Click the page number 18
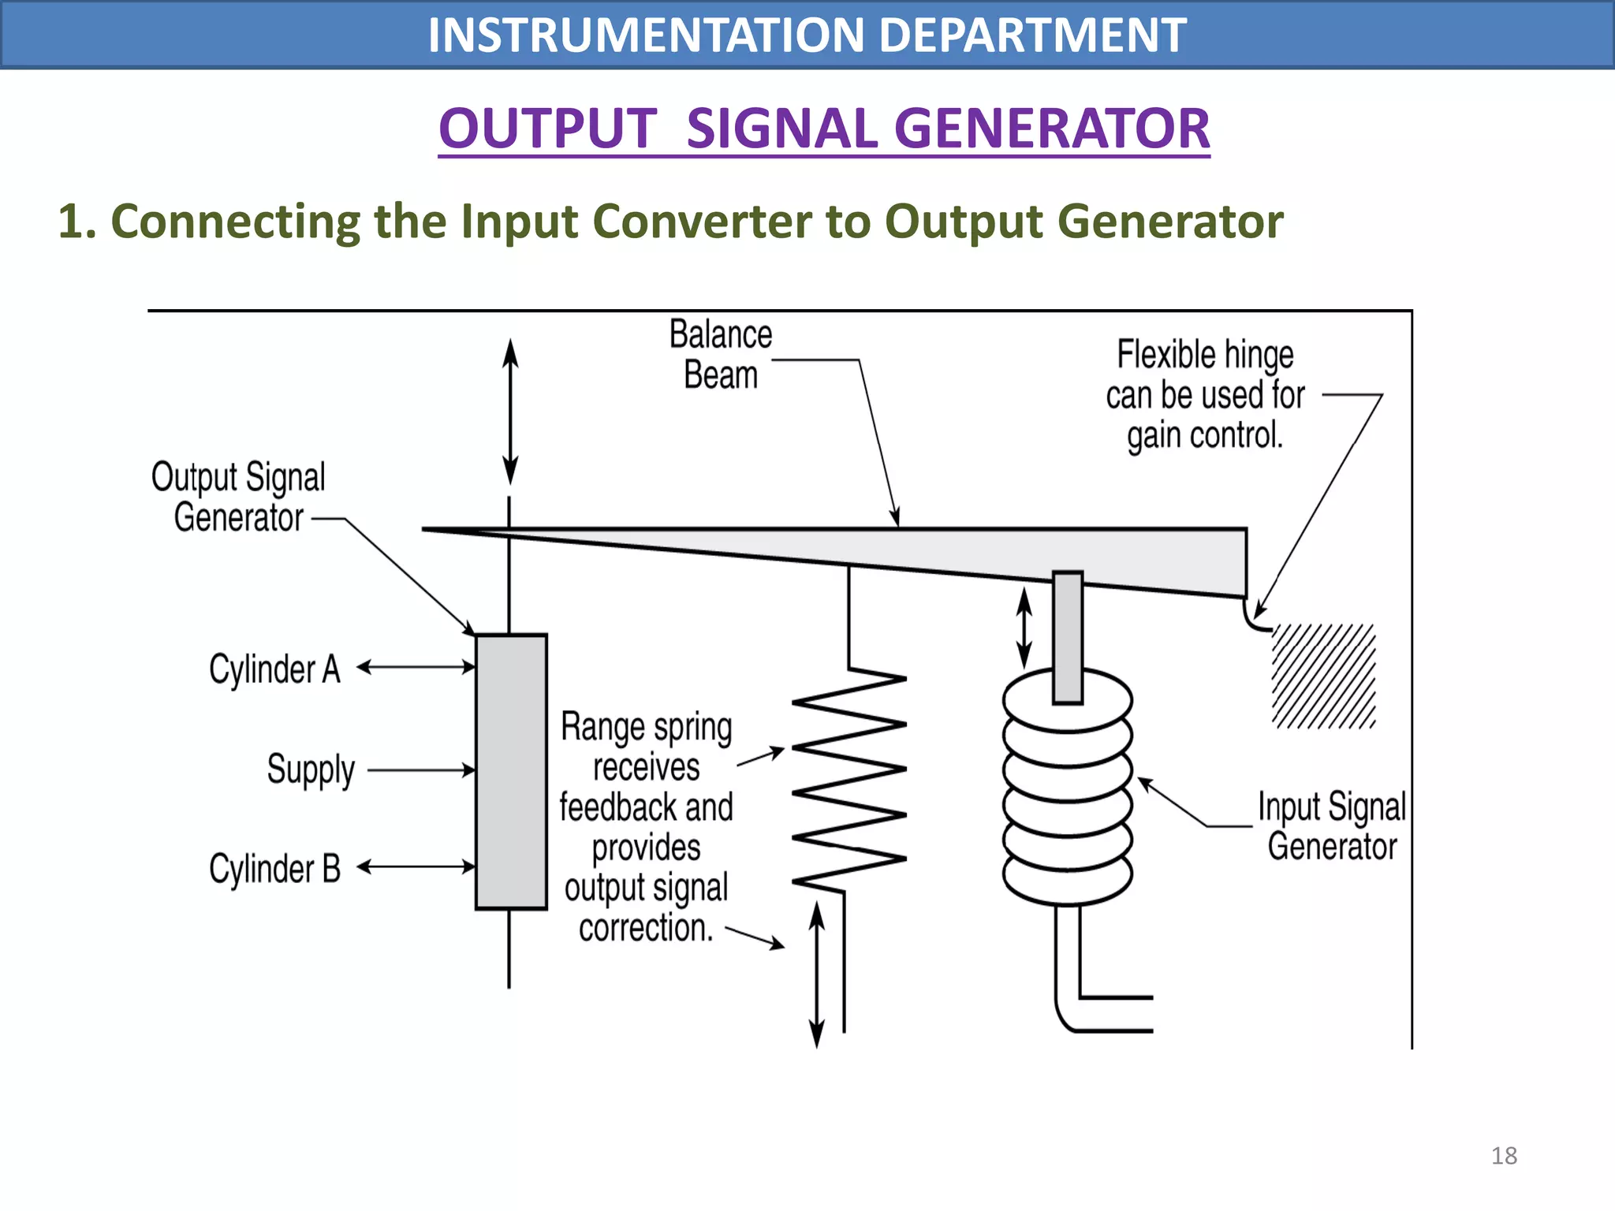pos(1503,1155)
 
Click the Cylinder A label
pos(274,669)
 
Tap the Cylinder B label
pos(274,869)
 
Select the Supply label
pos(311,769)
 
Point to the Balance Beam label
pos(720,355)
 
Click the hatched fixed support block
pos(1323,676)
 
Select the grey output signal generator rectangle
pos(511,771)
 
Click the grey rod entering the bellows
pos(1068,637)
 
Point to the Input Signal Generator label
pos(1332,826)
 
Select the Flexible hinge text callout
pos(1205,394)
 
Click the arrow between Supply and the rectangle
pos(421,770)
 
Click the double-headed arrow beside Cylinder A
pos(416,668)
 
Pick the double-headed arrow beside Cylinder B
pos(416,867)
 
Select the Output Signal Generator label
pos(238,497)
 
